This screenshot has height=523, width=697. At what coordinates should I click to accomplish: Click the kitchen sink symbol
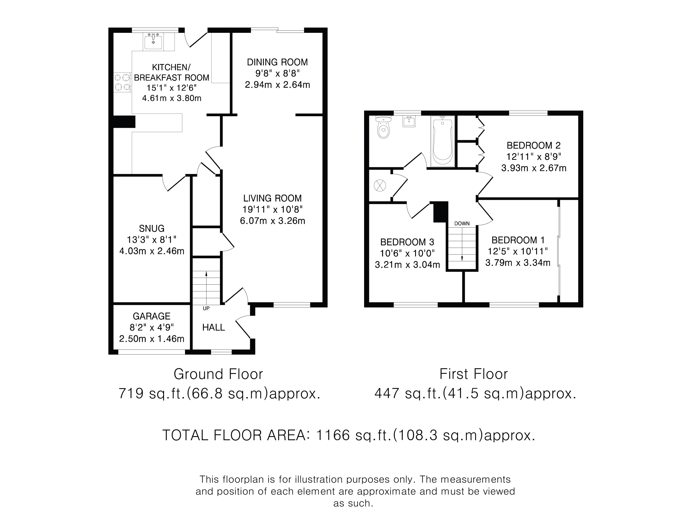coord(153,41)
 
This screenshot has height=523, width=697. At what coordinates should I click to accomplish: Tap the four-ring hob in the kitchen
coord(122,82)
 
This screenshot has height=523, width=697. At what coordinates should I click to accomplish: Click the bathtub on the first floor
coord(442,141)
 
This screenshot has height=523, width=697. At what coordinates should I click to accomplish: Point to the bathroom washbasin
coord(409,121)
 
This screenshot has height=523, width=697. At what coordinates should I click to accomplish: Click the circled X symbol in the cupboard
coord(380,185)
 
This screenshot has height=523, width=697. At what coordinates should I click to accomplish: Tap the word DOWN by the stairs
coord(462,224)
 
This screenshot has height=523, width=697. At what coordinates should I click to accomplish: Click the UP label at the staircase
coord(206,308)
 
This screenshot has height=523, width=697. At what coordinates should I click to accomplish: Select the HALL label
coord(214,327)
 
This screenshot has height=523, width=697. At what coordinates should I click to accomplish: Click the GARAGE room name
coord(152,316)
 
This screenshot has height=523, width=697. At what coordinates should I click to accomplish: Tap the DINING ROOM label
coord(277,62)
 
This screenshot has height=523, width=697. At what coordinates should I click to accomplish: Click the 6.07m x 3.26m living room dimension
coord(273,221)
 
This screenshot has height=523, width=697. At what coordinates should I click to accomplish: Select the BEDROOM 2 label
coord(534,145)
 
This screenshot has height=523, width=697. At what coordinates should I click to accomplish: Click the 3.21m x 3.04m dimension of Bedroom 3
coord(407,264)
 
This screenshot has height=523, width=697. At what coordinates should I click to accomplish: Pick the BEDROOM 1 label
coord(518,240)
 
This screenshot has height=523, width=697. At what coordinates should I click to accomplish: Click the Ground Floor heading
coord(218,374)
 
